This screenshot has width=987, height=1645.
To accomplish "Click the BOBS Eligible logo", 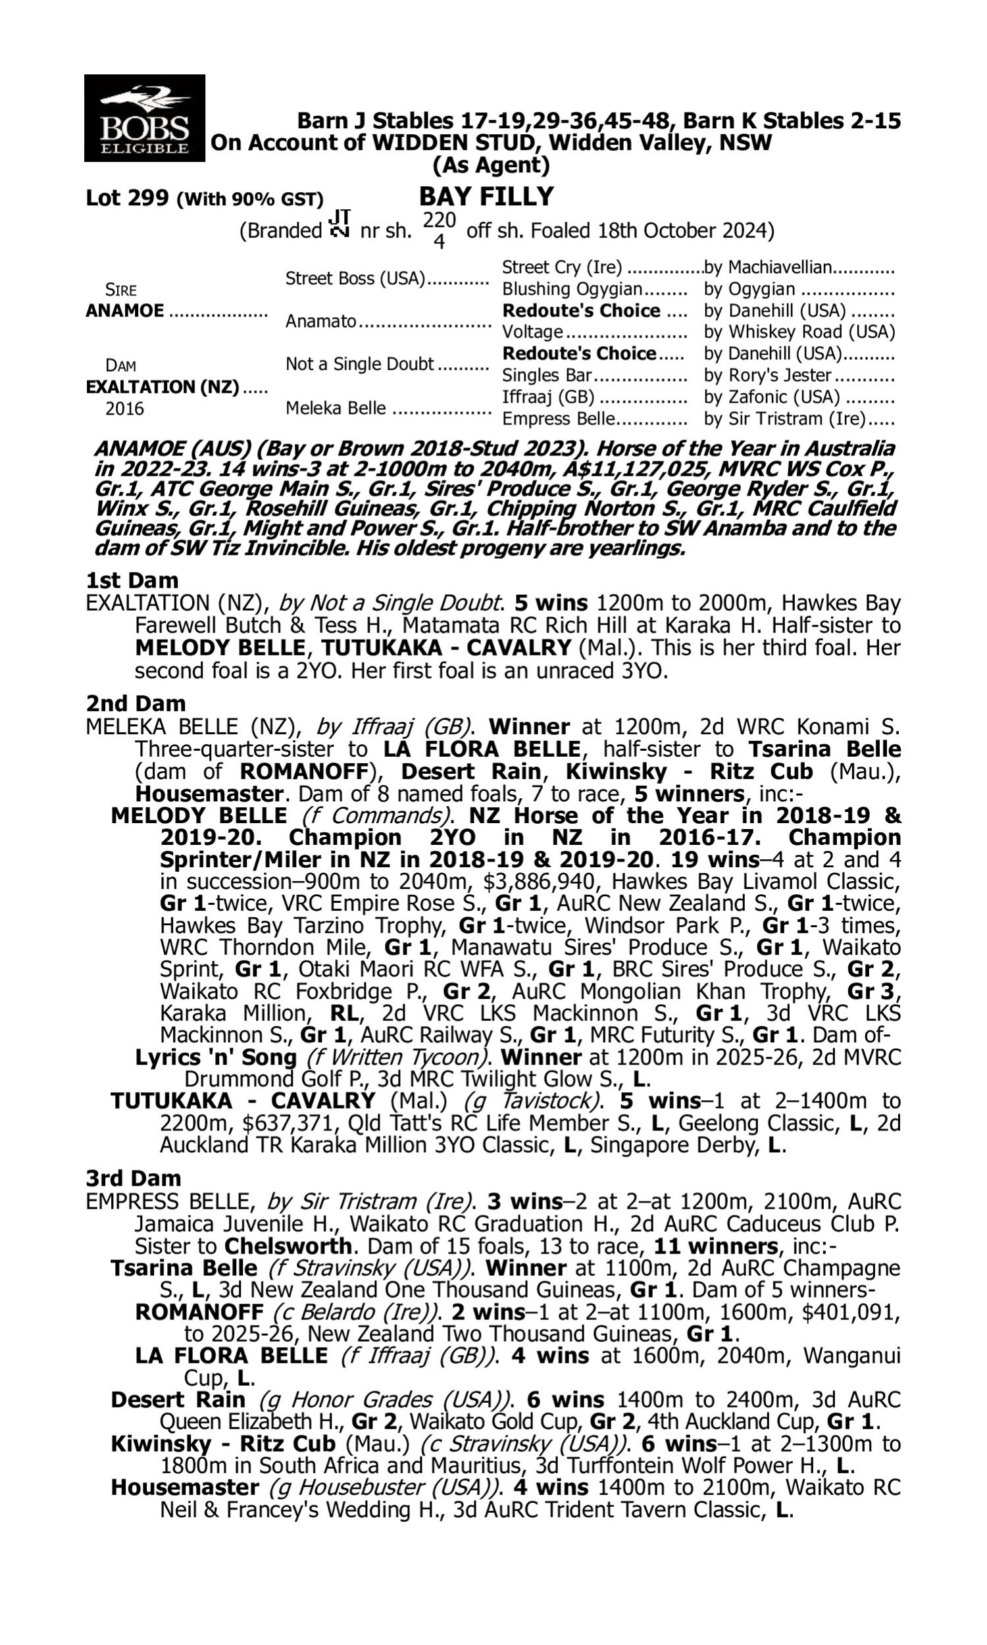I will [x=144, y=118].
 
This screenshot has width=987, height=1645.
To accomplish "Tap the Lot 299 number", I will [x=128, y=198].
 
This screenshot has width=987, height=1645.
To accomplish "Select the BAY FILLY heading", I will [x=486, y=197].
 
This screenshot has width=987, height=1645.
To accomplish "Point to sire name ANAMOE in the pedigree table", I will [x=125, y=311].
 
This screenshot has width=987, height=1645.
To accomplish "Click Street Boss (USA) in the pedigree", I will [x=355, y=278].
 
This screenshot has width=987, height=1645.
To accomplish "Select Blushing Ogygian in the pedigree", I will [x=572, y=290].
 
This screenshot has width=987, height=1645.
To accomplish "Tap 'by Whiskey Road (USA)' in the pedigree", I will [x=799, y=332].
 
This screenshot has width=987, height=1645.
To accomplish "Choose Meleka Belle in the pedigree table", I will [x=335, y=407].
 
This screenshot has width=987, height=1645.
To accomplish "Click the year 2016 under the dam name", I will [x=124, y=409].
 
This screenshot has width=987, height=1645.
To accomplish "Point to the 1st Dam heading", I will [x=132, y=580].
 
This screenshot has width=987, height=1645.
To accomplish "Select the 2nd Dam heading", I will [x=135, y=703].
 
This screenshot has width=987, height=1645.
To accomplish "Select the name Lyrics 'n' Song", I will [x=215, y=1057].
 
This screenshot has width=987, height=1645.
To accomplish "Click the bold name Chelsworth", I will [x=288, y=1246].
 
